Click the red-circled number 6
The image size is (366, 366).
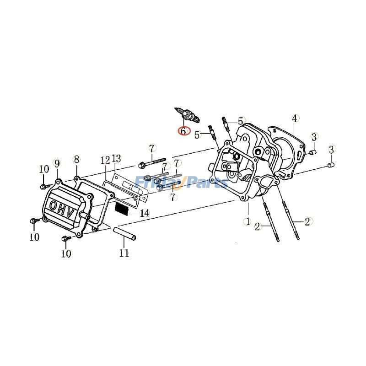click(x=183, y=131)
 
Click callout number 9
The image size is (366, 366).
click(x=57, y=163)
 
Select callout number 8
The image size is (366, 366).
click(x=76, y=159)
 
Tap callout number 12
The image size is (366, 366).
click(x=105, y=160)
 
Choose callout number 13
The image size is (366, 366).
click(x=116, y=158)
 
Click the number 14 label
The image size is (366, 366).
click(x=145, y=213)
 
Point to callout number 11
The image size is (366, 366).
click(x=124, y=253)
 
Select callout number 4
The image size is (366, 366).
click(x=295, y=118)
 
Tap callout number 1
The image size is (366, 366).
click(x=248, y=221)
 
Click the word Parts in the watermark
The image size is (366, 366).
click(x=206, y=183)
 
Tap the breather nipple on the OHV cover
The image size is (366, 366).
click(x=85, y=215)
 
